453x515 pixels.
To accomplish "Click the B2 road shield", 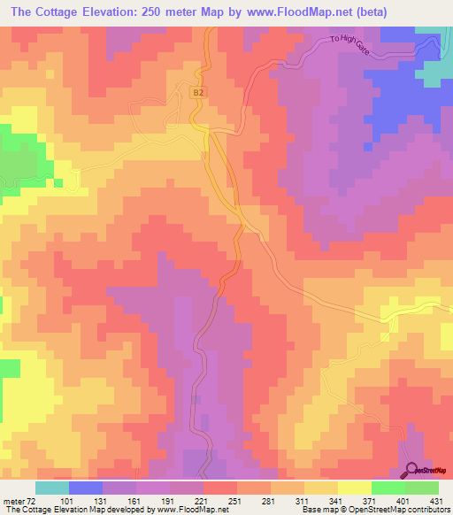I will tap(198, 91).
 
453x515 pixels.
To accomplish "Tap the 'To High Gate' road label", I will tap(349, 46).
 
